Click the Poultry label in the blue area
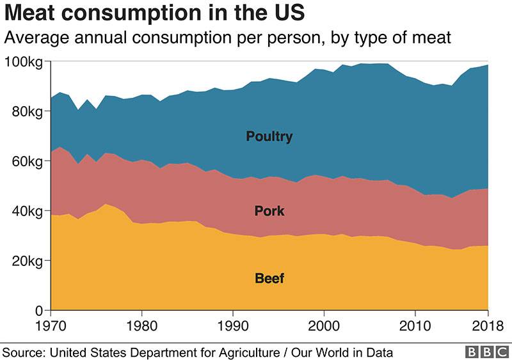tap(269, 136)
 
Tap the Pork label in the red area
tap(269, 211)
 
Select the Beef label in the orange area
tap(269, 278)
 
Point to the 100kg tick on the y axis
tap(24, 61)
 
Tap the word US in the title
tap(286, 13)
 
